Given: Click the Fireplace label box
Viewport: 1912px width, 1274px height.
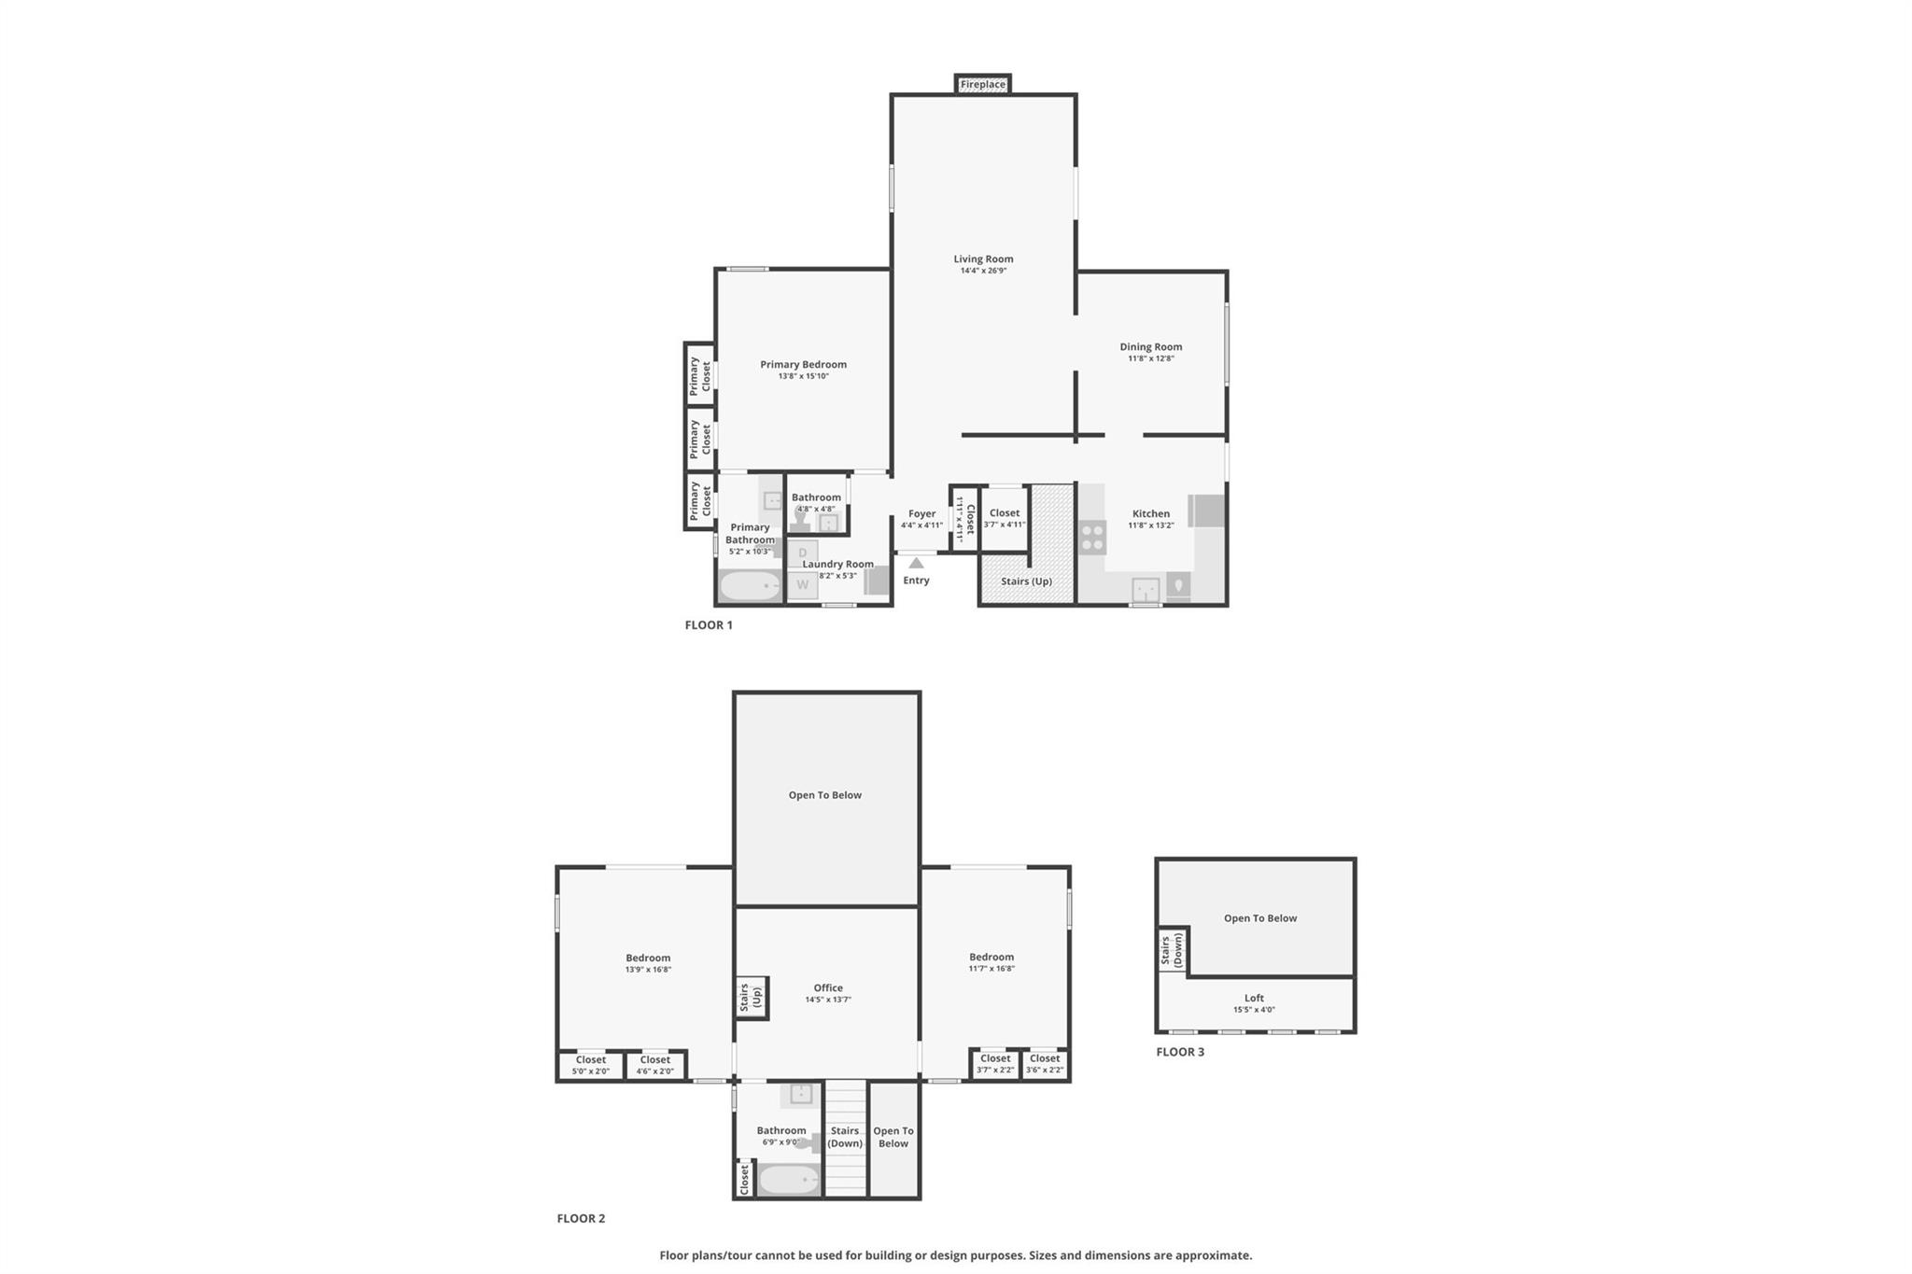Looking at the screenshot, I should click(982, 84).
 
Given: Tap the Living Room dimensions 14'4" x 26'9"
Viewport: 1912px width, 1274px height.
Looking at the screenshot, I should click(983, 271).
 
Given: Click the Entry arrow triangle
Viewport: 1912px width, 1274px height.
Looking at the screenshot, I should click(916, 563).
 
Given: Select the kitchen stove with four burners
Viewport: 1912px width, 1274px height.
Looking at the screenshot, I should click(1092, 538).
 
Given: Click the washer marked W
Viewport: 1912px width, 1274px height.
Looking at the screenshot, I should click(802, 585).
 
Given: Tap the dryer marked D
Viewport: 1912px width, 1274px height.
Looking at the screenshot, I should click(802, 553).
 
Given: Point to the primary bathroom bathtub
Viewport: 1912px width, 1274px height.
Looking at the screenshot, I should click(750, 586).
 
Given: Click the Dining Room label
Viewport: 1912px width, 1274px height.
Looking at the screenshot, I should click(1150, 346).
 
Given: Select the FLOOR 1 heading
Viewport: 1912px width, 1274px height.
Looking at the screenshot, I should click(709, 625).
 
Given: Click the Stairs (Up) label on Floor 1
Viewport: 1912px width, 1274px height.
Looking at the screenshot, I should click(1026, 581).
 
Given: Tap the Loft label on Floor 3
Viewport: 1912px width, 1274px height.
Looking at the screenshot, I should click(1254, 998).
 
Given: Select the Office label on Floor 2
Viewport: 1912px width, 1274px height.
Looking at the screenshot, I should click(827, 987).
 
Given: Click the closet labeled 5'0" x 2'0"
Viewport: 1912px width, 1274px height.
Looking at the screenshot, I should click(590, 1065).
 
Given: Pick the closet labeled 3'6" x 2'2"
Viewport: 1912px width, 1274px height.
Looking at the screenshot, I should click(1044, 1064).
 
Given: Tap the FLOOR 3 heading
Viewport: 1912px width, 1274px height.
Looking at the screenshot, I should click(1180, 1052).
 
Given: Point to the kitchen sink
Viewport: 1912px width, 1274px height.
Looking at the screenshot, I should click(1146, 590).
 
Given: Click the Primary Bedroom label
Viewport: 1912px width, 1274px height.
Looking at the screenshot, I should click(803, 365).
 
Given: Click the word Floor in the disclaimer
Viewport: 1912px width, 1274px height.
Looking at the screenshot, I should click(675, 1255).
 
